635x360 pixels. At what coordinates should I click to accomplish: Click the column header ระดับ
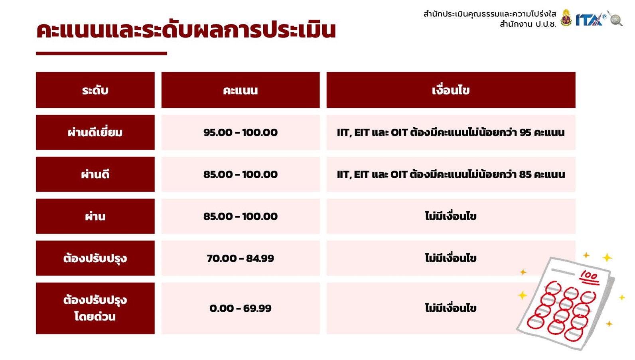95,90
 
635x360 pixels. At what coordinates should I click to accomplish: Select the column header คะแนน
241,90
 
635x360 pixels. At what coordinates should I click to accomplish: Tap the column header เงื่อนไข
451,90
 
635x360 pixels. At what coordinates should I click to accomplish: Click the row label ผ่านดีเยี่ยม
95,132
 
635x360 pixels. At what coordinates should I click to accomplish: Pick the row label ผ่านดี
95,174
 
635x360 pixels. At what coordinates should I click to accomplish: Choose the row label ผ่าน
95,216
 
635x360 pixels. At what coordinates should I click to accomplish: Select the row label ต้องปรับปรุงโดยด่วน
95,308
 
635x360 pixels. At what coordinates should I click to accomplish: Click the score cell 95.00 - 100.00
241,132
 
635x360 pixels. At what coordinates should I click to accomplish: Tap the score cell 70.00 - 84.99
241,258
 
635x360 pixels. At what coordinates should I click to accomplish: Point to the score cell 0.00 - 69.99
241,308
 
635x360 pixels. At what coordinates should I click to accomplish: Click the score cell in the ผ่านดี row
241,174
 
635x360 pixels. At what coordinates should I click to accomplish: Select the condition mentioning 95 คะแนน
451,132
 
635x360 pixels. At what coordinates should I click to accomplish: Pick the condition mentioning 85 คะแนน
451,174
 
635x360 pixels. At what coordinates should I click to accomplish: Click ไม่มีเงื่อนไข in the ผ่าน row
451,216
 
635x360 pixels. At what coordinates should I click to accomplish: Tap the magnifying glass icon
615,18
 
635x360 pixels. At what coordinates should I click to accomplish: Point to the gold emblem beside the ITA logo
566,18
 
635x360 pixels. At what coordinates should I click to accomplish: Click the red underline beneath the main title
101,53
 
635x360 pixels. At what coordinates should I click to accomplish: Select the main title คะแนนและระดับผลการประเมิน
186,30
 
